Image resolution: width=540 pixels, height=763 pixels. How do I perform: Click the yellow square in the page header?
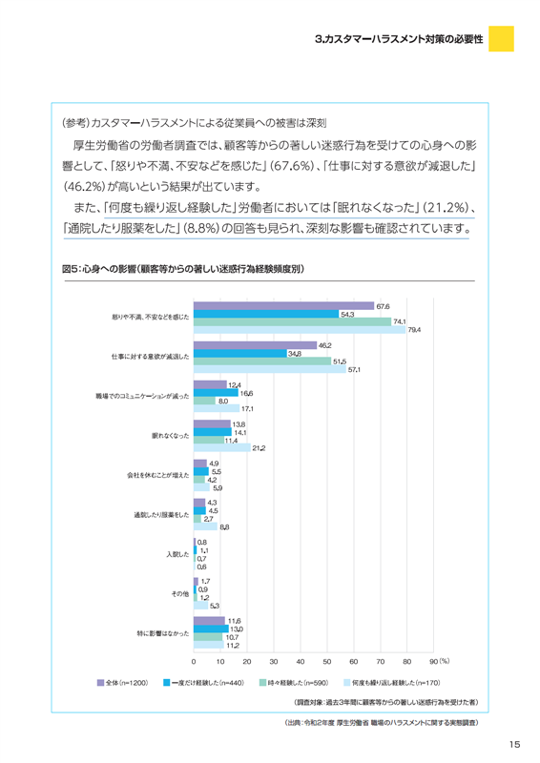(x=501, y=38)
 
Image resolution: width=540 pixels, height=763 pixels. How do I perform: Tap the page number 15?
(x=514, y=744)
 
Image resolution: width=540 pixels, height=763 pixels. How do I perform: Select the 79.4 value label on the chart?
(x=414, y=330)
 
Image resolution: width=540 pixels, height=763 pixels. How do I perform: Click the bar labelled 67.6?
(x=284, y=306)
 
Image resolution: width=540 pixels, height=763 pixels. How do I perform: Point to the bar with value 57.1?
(x=270, y=369)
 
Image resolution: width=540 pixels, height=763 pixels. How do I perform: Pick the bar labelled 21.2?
(x=222, y=447)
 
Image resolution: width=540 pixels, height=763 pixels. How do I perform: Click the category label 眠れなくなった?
(x=171, y=436)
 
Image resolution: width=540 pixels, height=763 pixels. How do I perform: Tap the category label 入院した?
(x=177, y=554)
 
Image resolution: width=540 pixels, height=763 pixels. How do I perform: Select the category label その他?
(x=180, y=593)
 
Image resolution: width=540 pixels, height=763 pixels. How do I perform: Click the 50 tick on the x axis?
(x=326, y=661)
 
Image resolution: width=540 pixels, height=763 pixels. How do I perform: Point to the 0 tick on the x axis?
(x=194, y=661)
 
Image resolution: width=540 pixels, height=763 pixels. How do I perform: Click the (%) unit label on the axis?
(x=445, y=661)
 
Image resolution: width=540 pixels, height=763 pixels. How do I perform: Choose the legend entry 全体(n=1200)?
(x=123, y=683)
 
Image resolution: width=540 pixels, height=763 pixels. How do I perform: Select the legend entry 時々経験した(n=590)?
(x=294, y=683)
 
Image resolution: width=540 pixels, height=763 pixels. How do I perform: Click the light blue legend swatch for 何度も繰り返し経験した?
(x=347, y=683)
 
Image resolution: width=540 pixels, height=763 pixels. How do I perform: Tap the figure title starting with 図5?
(x=183, y=269)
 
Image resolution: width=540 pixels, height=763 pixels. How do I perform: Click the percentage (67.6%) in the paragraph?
(x=292, y=166)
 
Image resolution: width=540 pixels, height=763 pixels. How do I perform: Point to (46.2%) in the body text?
(x=84, y=187)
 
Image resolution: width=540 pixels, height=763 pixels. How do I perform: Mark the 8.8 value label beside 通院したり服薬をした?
(x=224, y=527)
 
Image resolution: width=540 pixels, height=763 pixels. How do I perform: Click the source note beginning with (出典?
(x=382, y=723)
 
